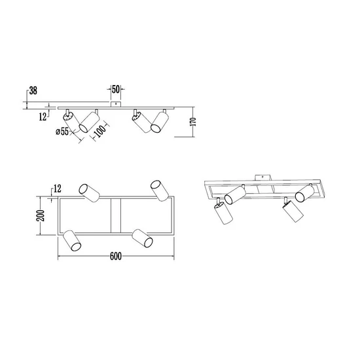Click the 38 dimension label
click(33, 90)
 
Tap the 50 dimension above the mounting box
click(116, 89)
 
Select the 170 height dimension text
click(193, 122)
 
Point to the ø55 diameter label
click(62, 132)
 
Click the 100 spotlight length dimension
click(100, 131)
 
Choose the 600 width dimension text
click(116, 256)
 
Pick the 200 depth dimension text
click(40, 215)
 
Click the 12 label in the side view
click(43, 117)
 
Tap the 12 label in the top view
click(58, 189)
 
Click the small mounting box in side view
click(116, 104)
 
